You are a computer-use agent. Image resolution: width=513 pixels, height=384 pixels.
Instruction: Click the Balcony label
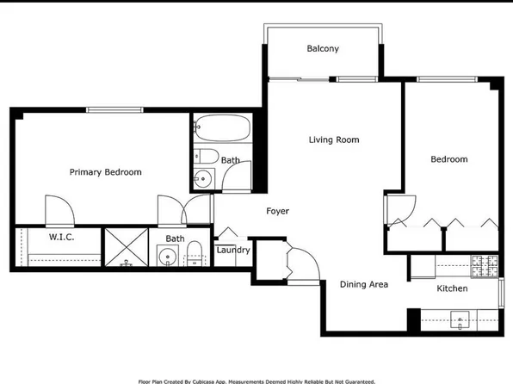tap(323, 49)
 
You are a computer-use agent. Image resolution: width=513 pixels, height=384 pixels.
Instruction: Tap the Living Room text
tap(334, 139)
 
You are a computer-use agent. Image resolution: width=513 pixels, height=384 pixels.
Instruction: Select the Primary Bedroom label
tap(105, 172)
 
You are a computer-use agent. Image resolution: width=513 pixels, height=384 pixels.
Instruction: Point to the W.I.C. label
tap(61, 237)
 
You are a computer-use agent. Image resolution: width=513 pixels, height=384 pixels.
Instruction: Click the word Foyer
tap(277, 211)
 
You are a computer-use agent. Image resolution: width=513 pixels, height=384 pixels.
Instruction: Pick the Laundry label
tap(233, 250)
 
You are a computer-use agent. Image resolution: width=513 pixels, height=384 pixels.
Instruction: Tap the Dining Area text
tap(364, 284)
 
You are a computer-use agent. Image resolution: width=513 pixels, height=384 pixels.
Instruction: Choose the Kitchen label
tap(452, 288)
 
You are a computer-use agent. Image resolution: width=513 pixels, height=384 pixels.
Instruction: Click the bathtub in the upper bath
tap(222, 127)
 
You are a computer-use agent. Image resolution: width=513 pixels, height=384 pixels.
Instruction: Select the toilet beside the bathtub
tap(206, 156)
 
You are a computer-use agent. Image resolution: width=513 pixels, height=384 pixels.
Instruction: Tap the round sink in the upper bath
tap(203, 179)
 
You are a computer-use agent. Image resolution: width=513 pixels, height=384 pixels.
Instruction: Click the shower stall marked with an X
tap(127, 247)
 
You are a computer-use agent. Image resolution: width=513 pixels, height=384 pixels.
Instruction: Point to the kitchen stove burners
tap(485, 265)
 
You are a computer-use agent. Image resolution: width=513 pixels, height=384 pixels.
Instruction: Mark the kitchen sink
tap(460, 319)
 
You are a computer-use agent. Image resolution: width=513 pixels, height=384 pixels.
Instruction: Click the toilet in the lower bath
tap(195, 253)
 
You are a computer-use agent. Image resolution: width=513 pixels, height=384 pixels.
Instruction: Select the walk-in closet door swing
tap(59, 211)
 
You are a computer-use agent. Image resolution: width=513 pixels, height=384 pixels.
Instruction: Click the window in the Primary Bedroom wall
tap(114, 110)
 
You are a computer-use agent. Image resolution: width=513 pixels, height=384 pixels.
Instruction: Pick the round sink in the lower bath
tap(168, 256)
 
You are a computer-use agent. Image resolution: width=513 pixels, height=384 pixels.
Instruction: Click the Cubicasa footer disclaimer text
tap(256, 381)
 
